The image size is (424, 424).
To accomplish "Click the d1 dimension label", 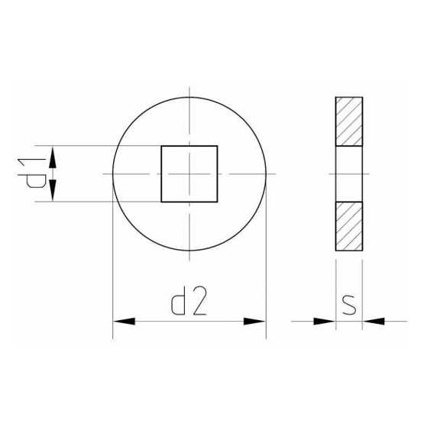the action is pos(31,173).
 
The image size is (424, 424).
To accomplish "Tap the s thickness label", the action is pos(349,306).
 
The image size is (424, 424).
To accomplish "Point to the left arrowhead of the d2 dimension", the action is pos(124,321).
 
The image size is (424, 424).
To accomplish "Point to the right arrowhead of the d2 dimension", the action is pos(254,321).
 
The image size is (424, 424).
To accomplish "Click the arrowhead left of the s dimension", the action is pos(325,321).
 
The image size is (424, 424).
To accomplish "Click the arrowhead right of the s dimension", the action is pos(374,321).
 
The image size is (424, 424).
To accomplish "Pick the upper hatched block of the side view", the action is pos(349,121).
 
